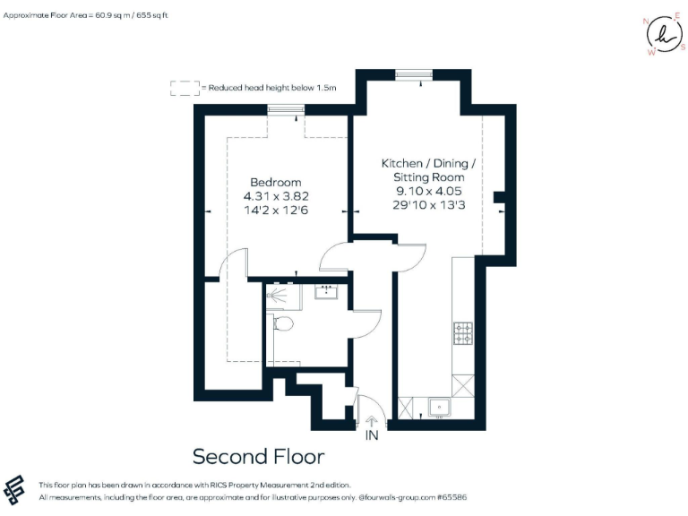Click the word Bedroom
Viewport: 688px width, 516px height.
[x=275, y=182]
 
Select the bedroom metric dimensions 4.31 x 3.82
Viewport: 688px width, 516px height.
[x=276, y=196]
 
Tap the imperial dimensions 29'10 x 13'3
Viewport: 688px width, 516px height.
[x=428, y=205]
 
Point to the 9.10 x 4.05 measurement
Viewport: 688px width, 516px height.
[x=428, y=191]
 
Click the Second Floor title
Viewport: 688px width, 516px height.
[x=258, y=457]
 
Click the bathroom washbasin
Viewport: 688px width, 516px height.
[x=326, y=291]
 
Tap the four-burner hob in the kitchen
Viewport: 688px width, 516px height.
[x=464, y=333]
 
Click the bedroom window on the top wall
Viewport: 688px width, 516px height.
[x=288, y=109]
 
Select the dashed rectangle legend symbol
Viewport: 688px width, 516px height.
[x=185, y=88]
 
